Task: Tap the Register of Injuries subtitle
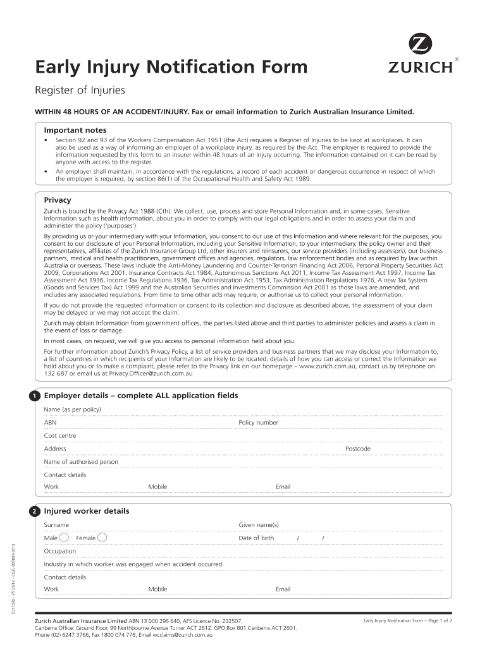point(80,90)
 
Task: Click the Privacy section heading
point(57,200)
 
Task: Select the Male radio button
point(65,538)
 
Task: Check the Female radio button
point(102,538)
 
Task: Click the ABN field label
point(50,423)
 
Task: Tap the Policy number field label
point(258,423)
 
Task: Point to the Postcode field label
point(357,449)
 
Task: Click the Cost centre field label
point(59,435)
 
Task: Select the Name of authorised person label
point(80,462)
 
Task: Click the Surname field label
point(56,525)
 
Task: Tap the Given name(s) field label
point(258,525)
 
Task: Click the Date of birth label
point(256,538)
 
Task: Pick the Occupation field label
point(59,551)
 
